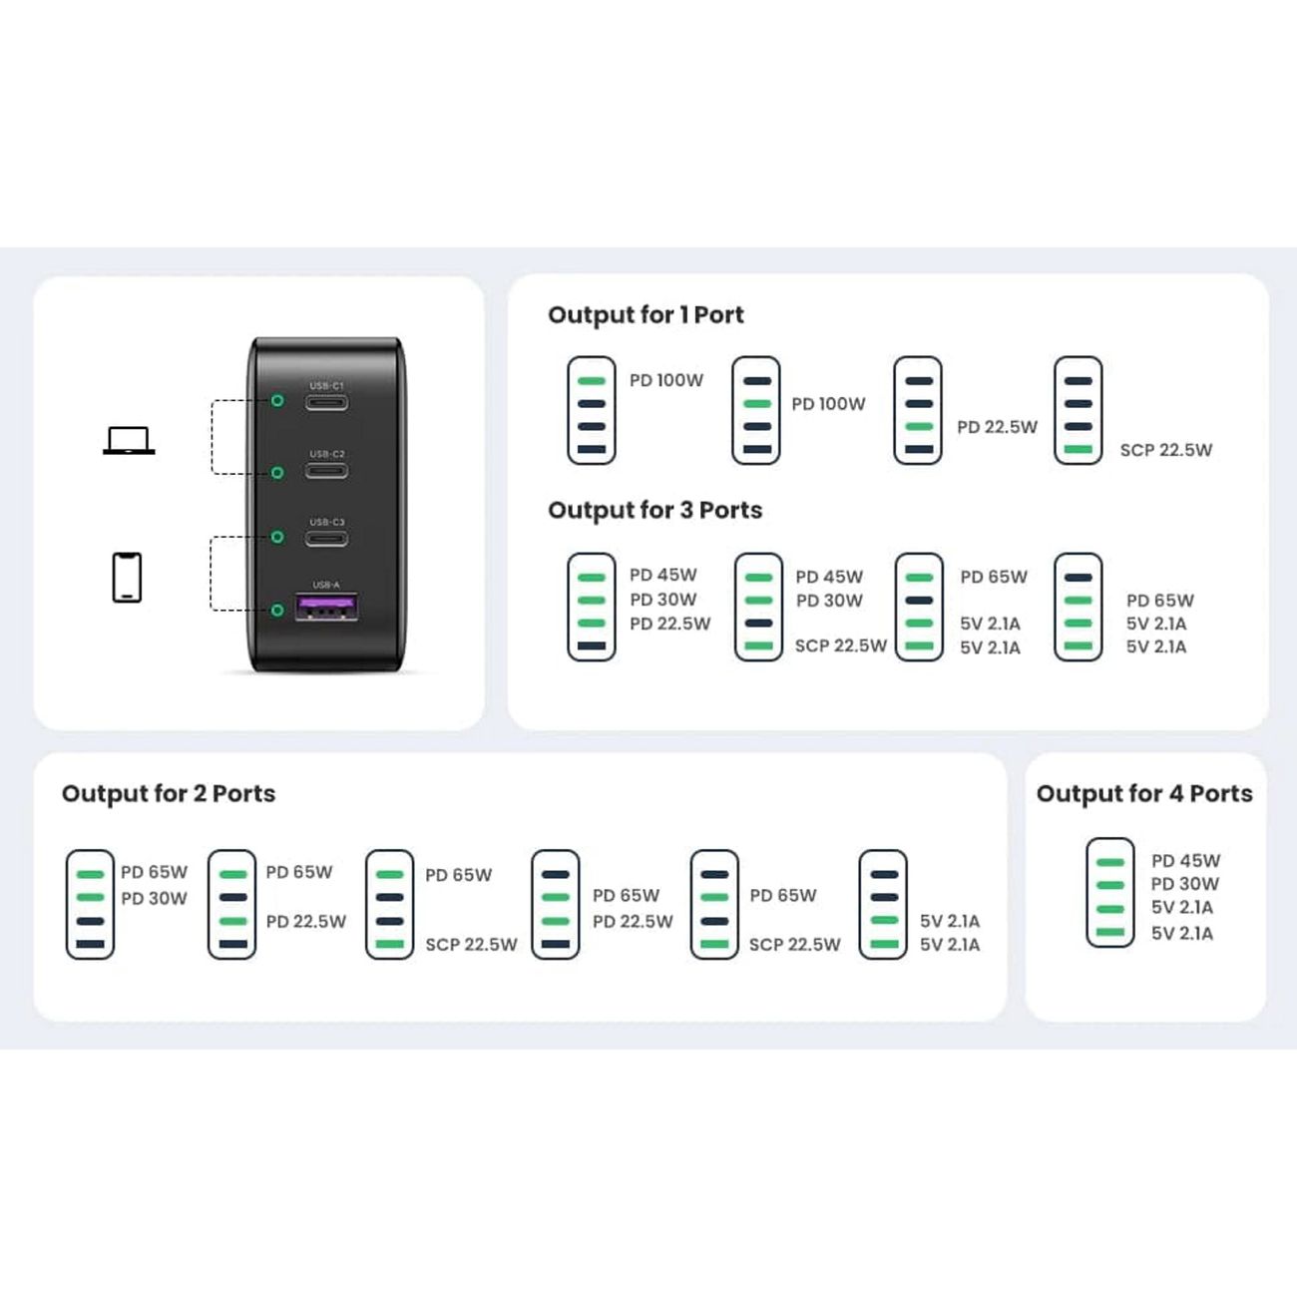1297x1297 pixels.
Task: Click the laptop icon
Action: click(x=129, y=440)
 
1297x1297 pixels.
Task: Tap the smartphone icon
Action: click(x=127, y=577)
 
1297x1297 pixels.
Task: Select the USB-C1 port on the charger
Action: click(x=327, y=403)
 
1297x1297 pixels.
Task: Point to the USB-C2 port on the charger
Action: click(x=327, y=471)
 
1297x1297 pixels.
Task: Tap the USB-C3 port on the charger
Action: click(x=327, y=538)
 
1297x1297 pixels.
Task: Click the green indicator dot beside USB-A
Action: click(x=277, y=610)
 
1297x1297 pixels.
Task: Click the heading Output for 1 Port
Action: click(x=646, y=315)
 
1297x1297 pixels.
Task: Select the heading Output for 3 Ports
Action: click(x=654, y=510)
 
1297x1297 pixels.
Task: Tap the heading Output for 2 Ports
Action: click(x=169, y=793)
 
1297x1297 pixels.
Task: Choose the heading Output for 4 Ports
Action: click(x=1144, y=793)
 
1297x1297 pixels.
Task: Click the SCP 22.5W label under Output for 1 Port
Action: click(x=1165, y=450)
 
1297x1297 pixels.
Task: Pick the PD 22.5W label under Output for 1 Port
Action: click(x=997, y=427)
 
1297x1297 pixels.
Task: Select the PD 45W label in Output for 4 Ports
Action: click(x=1185, y=860)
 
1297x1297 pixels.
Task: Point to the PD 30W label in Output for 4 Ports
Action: click(x=1184, y=884)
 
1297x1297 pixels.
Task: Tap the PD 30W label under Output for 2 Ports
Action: click(x=154, y=898)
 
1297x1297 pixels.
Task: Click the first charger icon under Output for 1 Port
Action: click(x=592, y=410)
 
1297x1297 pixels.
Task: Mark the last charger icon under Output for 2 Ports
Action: click(x=883, y=904)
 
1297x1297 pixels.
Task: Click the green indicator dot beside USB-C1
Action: click(x=277, y=400)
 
